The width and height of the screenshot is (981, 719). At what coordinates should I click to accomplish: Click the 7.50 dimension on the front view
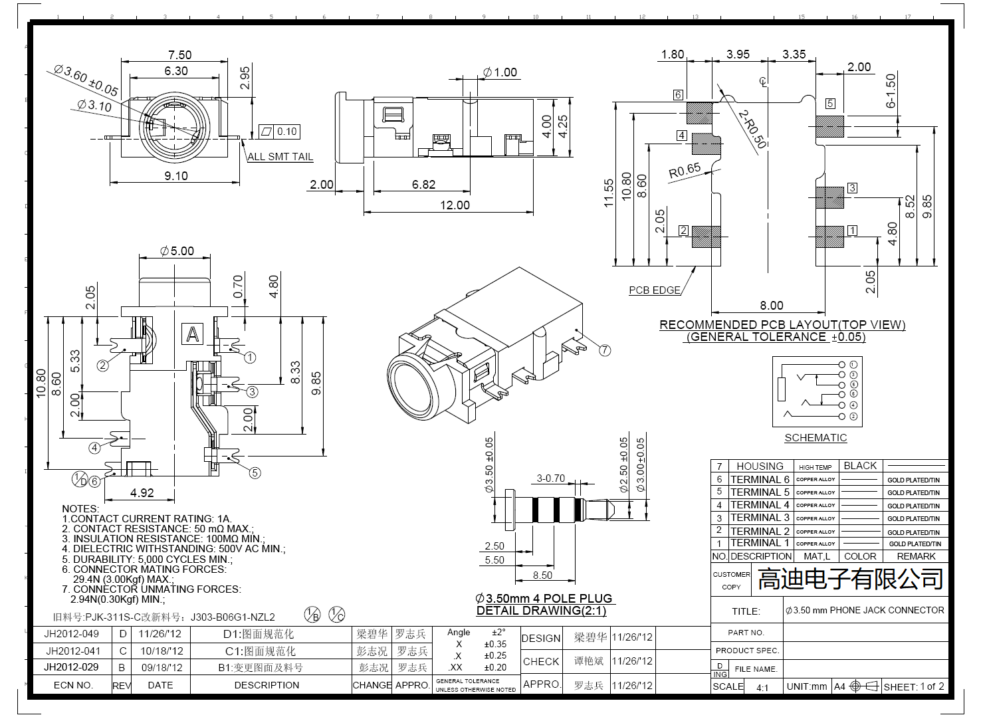tap(179, 55)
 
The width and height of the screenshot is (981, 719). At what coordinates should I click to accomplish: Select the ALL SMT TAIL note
tap(280, 157)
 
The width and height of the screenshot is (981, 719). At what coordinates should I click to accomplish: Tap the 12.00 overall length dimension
tap(455, 205)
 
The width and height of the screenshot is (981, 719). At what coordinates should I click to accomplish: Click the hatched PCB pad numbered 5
tap(829, 126)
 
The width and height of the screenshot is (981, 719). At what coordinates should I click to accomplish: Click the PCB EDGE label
tap(655, 290)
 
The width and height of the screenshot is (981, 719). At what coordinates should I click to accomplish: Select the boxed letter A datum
tap(193, 334)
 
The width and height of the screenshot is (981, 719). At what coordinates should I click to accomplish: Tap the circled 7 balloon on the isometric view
tap(604, 350)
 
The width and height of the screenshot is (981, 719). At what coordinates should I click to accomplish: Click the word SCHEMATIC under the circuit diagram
tap(816, 438)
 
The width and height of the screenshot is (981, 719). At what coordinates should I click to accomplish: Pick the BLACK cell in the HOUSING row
tap(860, 466)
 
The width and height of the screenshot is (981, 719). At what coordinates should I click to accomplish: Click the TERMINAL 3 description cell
tap(760, 518)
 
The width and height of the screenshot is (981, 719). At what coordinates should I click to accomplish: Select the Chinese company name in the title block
tap(850, 579)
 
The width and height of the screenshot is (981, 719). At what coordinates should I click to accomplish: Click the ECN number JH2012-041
tap(73, 651)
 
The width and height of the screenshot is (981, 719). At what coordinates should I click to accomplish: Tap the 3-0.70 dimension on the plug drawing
tap(550, 478)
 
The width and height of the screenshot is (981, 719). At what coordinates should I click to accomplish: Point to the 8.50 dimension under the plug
tap(542, 575)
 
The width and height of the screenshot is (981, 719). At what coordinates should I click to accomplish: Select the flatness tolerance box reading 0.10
tap(281, 132)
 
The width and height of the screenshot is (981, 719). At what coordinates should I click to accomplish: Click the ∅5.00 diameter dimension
tap(177, 251)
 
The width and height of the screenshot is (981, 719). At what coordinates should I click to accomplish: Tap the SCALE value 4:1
tap(762, 687)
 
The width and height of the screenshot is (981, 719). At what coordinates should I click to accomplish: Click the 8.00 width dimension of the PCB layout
tap(771, 306)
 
